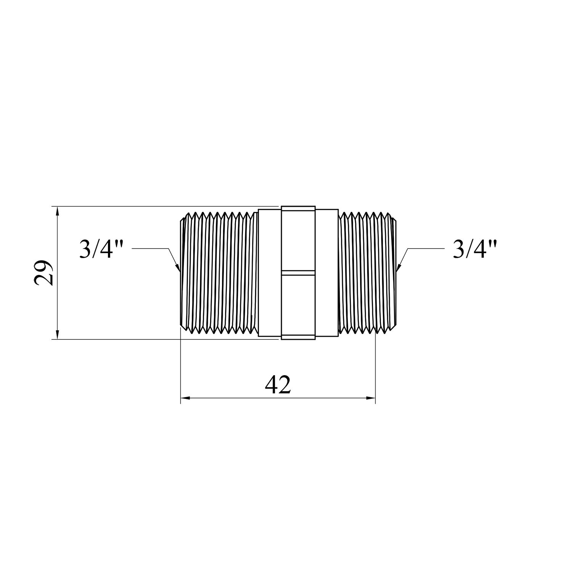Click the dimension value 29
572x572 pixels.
click(43, 273)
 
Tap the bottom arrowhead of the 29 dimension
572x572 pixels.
click(58, 335)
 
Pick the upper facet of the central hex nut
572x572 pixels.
click(298, 238)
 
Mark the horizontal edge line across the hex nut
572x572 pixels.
click(298, 272)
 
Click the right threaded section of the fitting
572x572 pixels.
click(364, 273)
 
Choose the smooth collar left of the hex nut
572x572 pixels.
click(270, 273)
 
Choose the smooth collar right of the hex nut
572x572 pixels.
click(326, 273)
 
